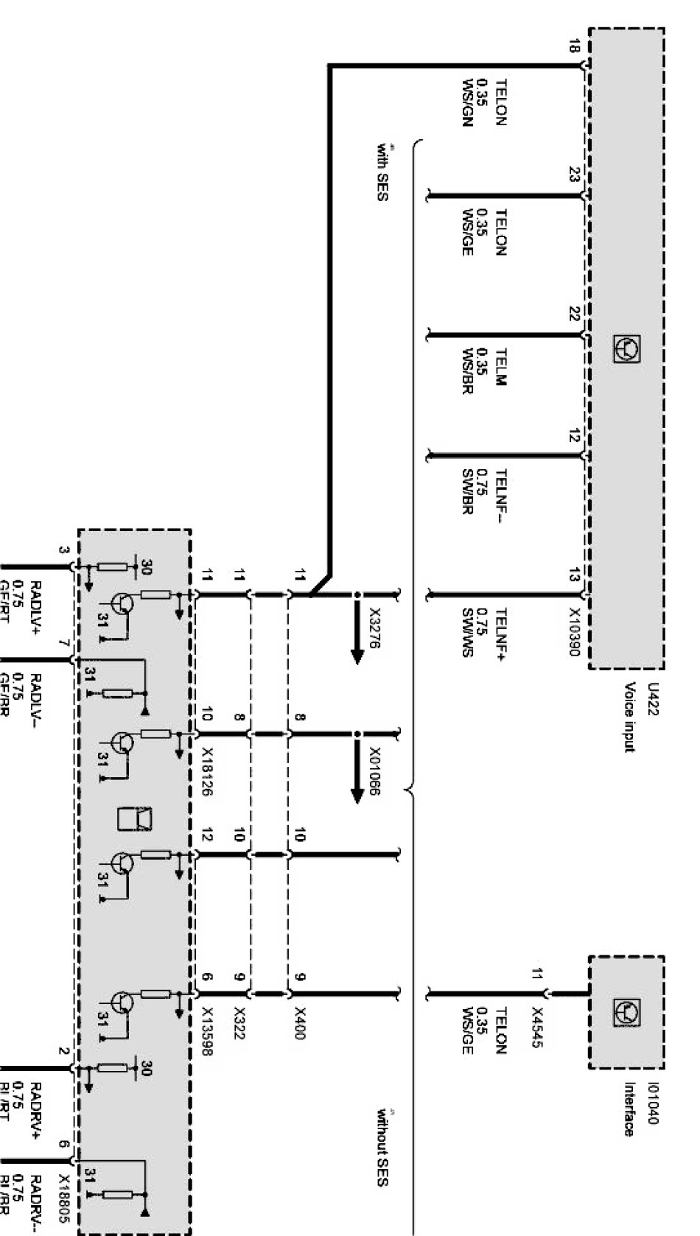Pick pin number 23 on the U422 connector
click(x=575, y=175)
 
